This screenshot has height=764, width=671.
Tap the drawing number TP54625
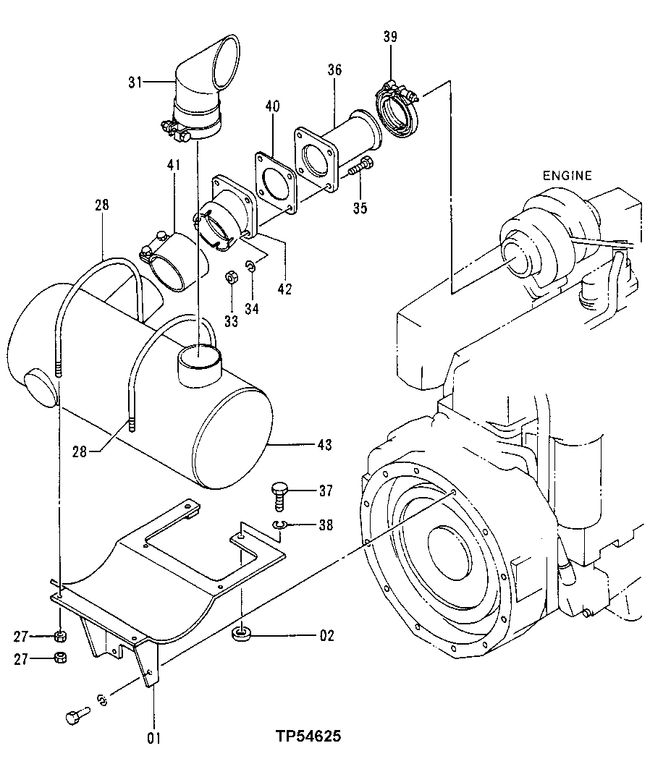click(x=308, y=737)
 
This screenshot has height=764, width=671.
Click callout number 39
click(x=390, y=38)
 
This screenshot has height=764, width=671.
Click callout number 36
click(x=334, y=70)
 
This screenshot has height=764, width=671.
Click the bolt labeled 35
click(x=360, y=166)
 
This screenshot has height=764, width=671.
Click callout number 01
click(x=153, y=739)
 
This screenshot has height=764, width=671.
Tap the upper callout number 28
click(x=101, y=205)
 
